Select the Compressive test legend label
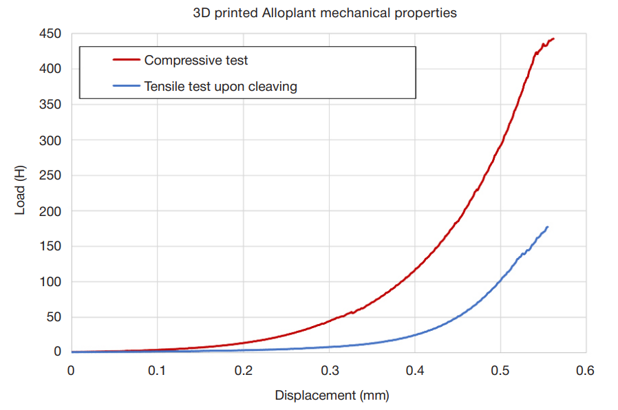pyautogui.click(x=196, y=61)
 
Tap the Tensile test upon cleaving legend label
pyautogui.click(x=220, y=87)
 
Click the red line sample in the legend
pyautogui.click(x=126, y=61)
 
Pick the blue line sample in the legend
pyautogui.click(x=126, y=87)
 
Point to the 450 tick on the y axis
pyautogui.click(x=51, y=34)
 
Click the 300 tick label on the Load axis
pyautogui.click(x=51, y=140)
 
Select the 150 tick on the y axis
pyautogui.click(x=51, y=246)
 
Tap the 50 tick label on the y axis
pyautogui.click(x=54, y=317)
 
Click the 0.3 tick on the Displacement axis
pyautogui.click(x=329, y=371)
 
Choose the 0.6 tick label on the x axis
pyautogui.click(x=586, y=371)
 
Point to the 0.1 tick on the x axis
pyautogui.click(x=157, y=371)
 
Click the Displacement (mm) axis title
pyautogui.click(x=332, y=396)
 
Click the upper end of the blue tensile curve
pyautogui.click(x=547, y=227)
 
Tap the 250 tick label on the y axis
pyautogui.click(x=51, y=175)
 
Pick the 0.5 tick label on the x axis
pyautogui.click(x=500, y=371)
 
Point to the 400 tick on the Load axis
pyautogui.click(x=51, y=69)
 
